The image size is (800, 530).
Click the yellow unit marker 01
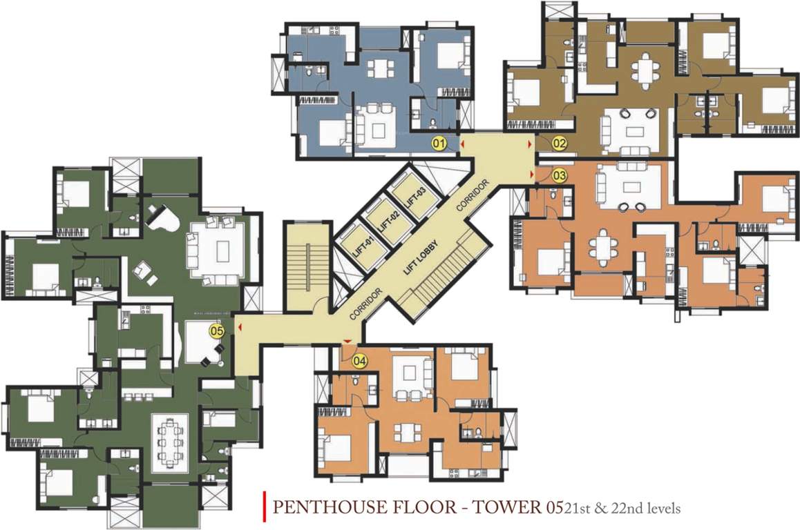437,144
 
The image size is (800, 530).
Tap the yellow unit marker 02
559,144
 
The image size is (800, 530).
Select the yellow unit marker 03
559,175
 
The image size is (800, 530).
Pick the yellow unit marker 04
359,360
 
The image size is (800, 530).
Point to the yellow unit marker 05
217,331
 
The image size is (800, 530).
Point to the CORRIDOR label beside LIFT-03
474,195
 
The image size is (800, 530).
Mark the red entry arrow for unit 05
239,328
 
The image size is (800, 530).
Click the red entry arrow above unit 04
347,343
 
